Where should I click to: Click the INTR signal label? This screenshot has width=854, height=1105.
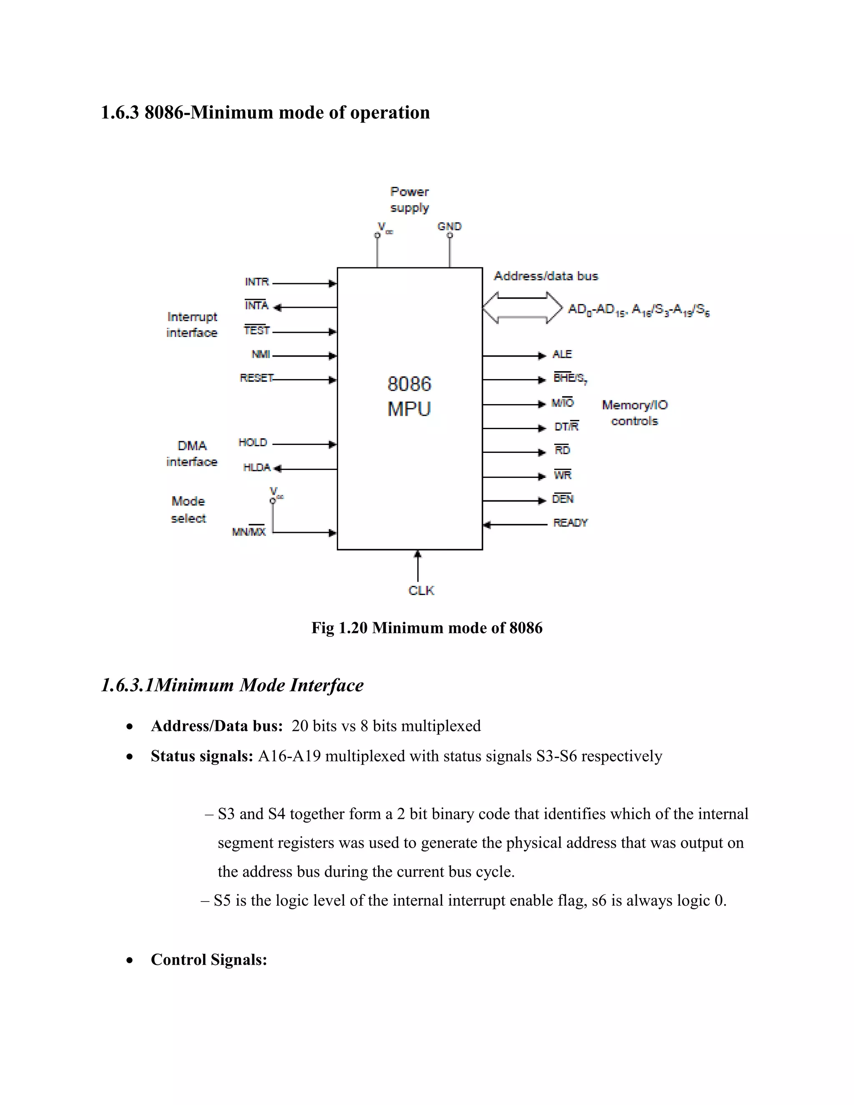coord(256,282)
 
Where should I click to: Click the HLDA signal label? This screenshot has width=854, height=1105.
coord(256,467)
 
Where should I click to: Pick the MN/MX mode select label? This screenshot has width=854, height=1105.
coord(249,532)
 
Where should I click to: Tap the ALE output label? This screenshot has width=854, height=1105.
coord(562,354)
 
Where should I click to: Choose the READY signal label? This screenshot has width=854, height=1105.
coord(570,522)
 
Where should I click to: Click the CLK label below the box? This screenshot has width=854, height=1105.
coord(421,590)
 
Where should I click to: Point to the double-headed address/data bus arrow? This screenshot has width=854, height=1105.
coord(522,307)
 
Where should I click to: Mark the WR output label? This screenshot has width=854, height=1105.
coord(563,475)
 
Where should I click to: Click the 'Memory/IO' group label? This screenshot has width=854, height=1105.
coord(634,405)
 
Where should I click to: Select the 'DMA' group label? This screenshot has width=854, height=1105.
coord(192,446)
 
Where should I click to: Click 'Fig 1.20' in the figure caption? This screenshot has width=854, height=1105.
coord(339,628)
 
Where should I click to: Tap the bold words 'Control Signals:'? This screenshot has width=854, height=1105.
coord(208,960)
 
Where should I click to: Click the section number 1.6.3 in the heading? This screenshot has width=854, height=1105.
coord(119,112)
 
